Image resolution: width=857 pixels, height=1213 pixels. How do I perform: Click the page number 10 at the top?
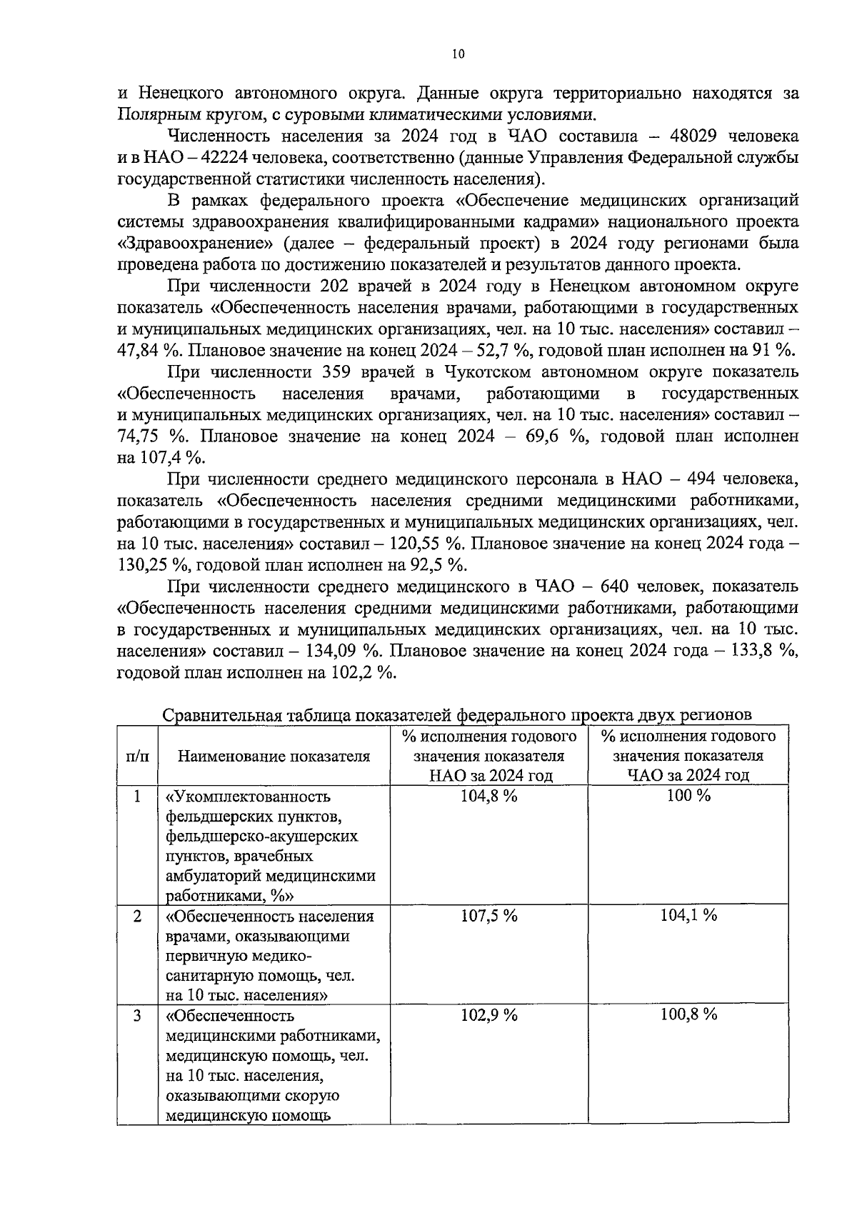click(458, 54)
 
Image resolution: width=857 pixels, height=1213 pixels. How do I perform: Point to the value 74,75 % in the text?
click(149, 436)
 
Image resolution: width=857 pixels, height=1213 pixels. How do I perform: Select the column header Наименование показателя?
click(274, 756)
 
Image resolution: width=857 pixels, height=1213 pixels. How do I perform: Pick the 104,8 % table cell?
click(489, 797)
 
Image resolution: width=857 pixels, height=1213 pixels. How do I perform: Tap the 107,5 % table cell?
click(489, 917)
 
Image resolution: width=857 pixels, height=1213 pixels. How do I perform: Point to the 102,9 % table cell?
click(489, 1016)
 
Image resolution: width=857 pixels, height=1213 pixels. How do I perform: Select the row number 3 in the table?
click(137, 1016)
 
